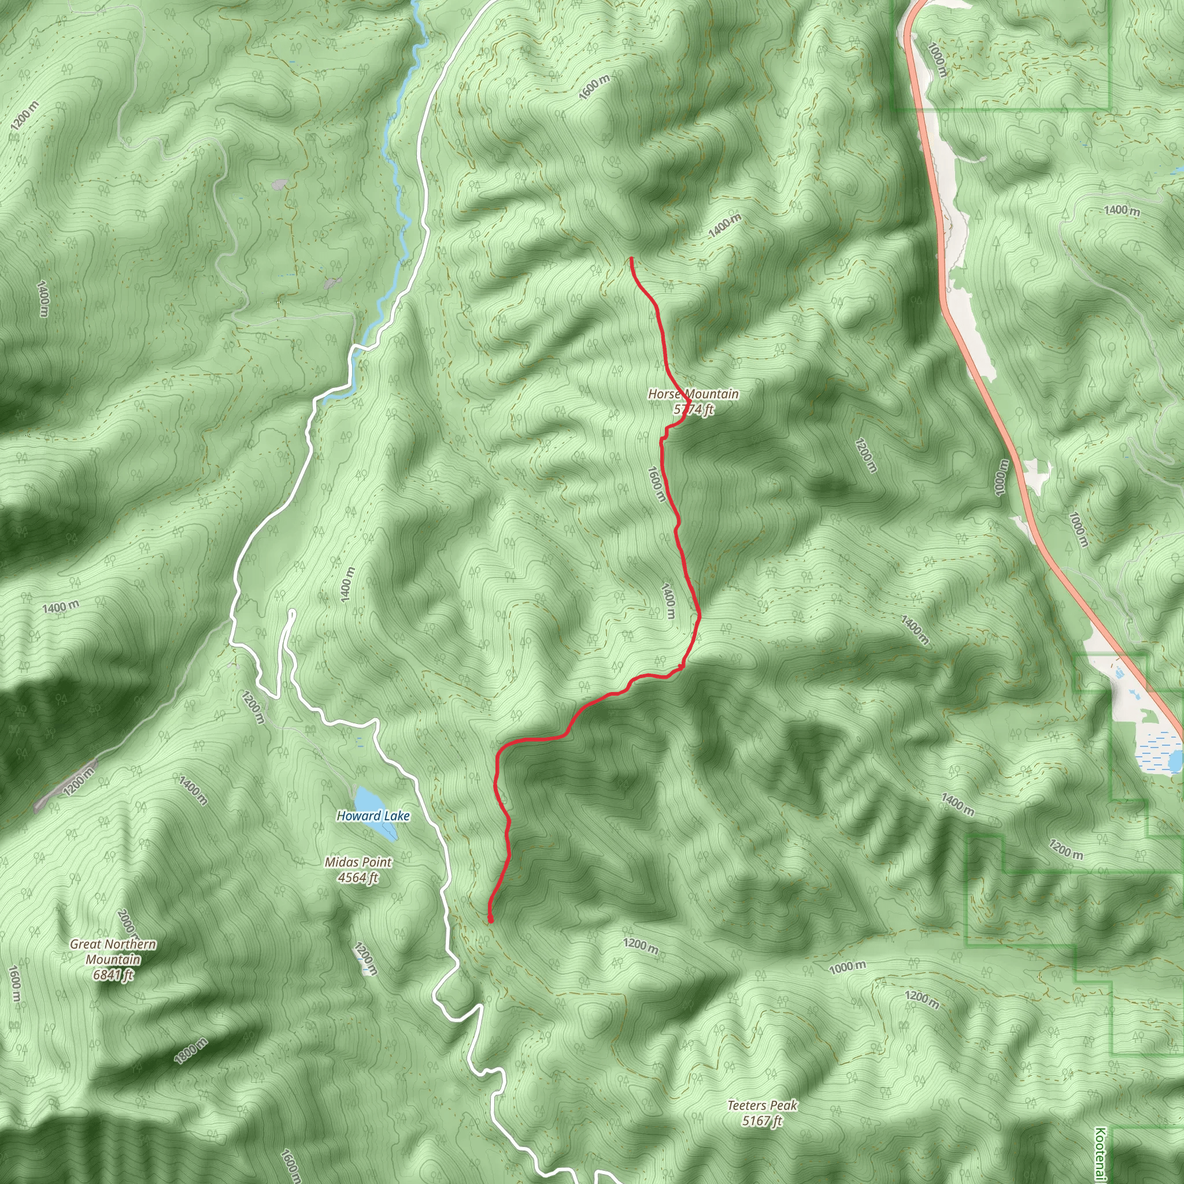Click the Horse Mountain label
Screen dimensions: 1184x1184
pos(693,394)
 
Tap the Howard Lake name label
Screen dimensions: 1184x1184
pos(373,816)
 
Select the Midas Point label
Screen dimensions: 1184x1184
pos(358,862)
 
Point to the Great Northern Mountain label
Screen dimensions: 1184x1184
pos(113,952)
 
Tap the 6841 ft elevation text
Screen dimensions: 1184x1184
pos(113,975)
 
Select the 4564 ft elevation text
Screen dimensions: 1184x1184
pos(358,878)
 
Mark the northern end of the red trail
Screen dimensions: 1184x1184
pos(631,259)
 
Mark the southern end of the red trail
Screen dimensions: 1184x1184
pos(490,920)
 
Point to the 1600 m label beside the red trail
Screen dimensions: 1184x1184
pos(655,484)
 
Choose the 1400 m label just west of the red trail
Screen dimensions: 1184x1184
pos(669,601)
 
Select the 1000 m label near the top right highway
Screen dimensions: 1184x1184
pos(937,60)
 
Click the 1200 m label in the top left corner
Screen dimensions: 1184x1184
pos(24,116)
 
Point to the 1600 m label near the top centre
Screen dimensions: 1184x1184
pos(594,88)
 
